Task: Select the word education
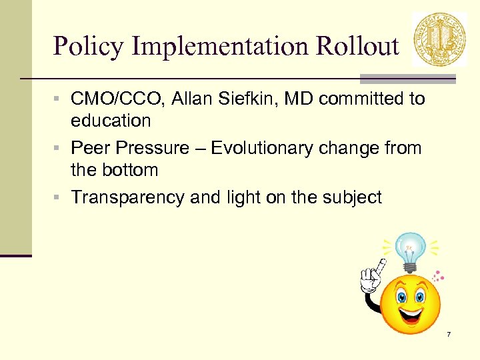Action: pos(111,121)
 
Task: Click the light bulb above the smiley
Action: pos(411,249)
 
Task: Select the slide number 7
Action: pos(449,333)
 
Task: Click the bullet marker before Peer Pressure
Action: pos(60,147)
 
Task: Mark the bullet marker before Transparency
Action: pos(60,197)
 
